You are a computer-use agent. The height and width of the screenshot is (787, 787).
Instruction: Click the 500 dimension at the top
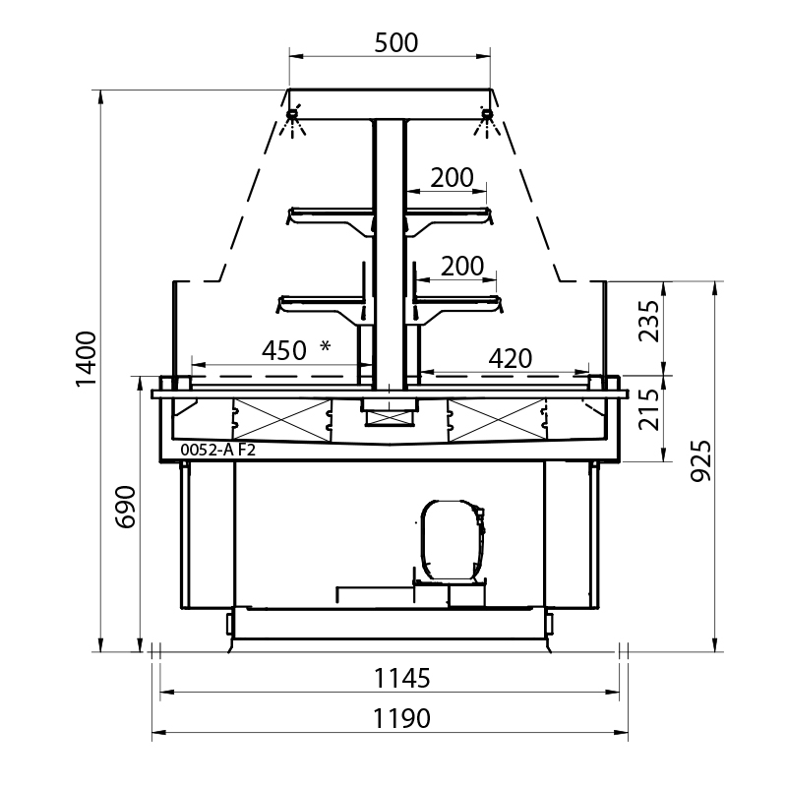(x=396, y=43)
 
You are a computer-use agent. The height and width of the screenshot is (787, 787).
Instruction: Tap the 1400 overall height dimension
(x=86, y=359)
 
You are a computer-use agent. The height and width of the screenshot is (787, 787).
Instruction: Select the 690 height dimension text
(x=126, y=507)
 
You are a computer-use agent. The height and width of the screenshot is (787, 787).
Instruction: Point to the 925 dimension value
(x=700, y=460)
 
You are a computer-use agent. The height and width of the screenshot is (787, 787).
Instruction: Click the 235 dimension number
(x=648, y=322)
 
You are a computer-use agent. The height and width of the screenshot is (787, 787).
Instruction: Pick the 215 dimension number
(x=648, y=409)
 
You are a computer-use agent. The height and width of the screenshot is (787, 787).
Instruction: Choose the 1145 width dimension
(x=402, y=679)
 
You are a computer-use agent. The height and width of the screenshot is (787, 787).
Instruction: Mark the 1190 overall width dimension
(x=401, y=719)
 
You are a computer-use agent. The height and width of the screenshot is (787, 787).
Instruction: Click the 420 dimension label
(x=511, y=359)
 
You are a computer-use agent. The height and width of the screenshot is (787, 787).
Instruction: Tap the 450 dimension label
(x=284, y=351)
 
